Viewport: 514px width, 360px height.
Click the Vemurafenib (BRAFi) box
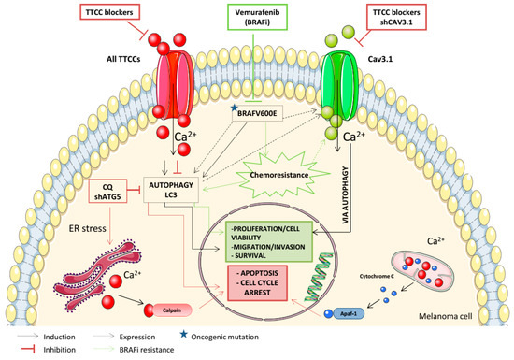pos(255,22)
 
